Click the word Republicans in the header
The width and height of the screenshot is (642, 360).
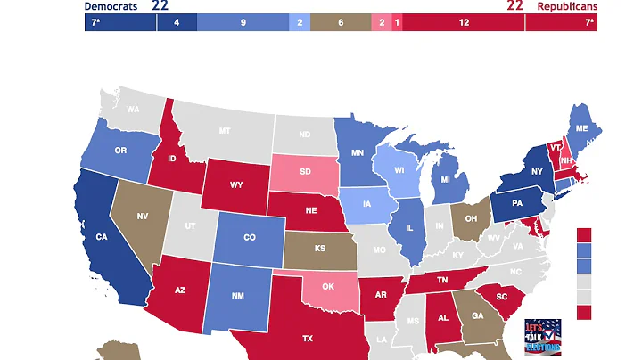567,6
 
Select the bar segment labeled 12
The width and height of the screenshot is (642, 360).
464,23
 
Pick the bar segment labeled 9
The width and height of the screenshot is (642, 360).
243,23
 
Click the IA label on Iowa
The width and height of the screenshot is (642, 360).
368,203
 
